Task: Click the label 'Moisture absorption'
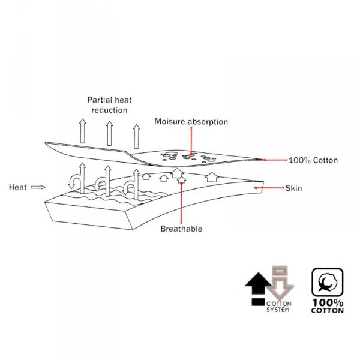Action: (191, 122)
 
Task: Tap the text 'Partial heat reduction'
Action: (107, 105)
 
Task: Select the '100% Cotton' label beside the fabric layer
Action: (314, 160)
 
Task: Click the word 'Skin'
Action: (293, 188)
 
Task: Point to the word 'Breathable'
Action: (181, 229)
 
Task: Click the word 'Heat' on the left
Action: (17, 187)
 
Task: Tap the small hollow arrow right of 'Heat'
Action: (38, 187)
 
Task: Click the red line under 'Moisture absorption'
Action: (191, 141)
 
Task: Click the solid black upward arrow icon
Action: (257, 281)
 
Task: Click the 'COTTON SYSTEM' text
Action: (278, 307)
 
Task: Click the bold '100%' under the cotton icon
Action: (327, 302)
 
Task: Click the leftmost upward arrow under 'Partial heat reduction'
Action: (82, 130)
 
